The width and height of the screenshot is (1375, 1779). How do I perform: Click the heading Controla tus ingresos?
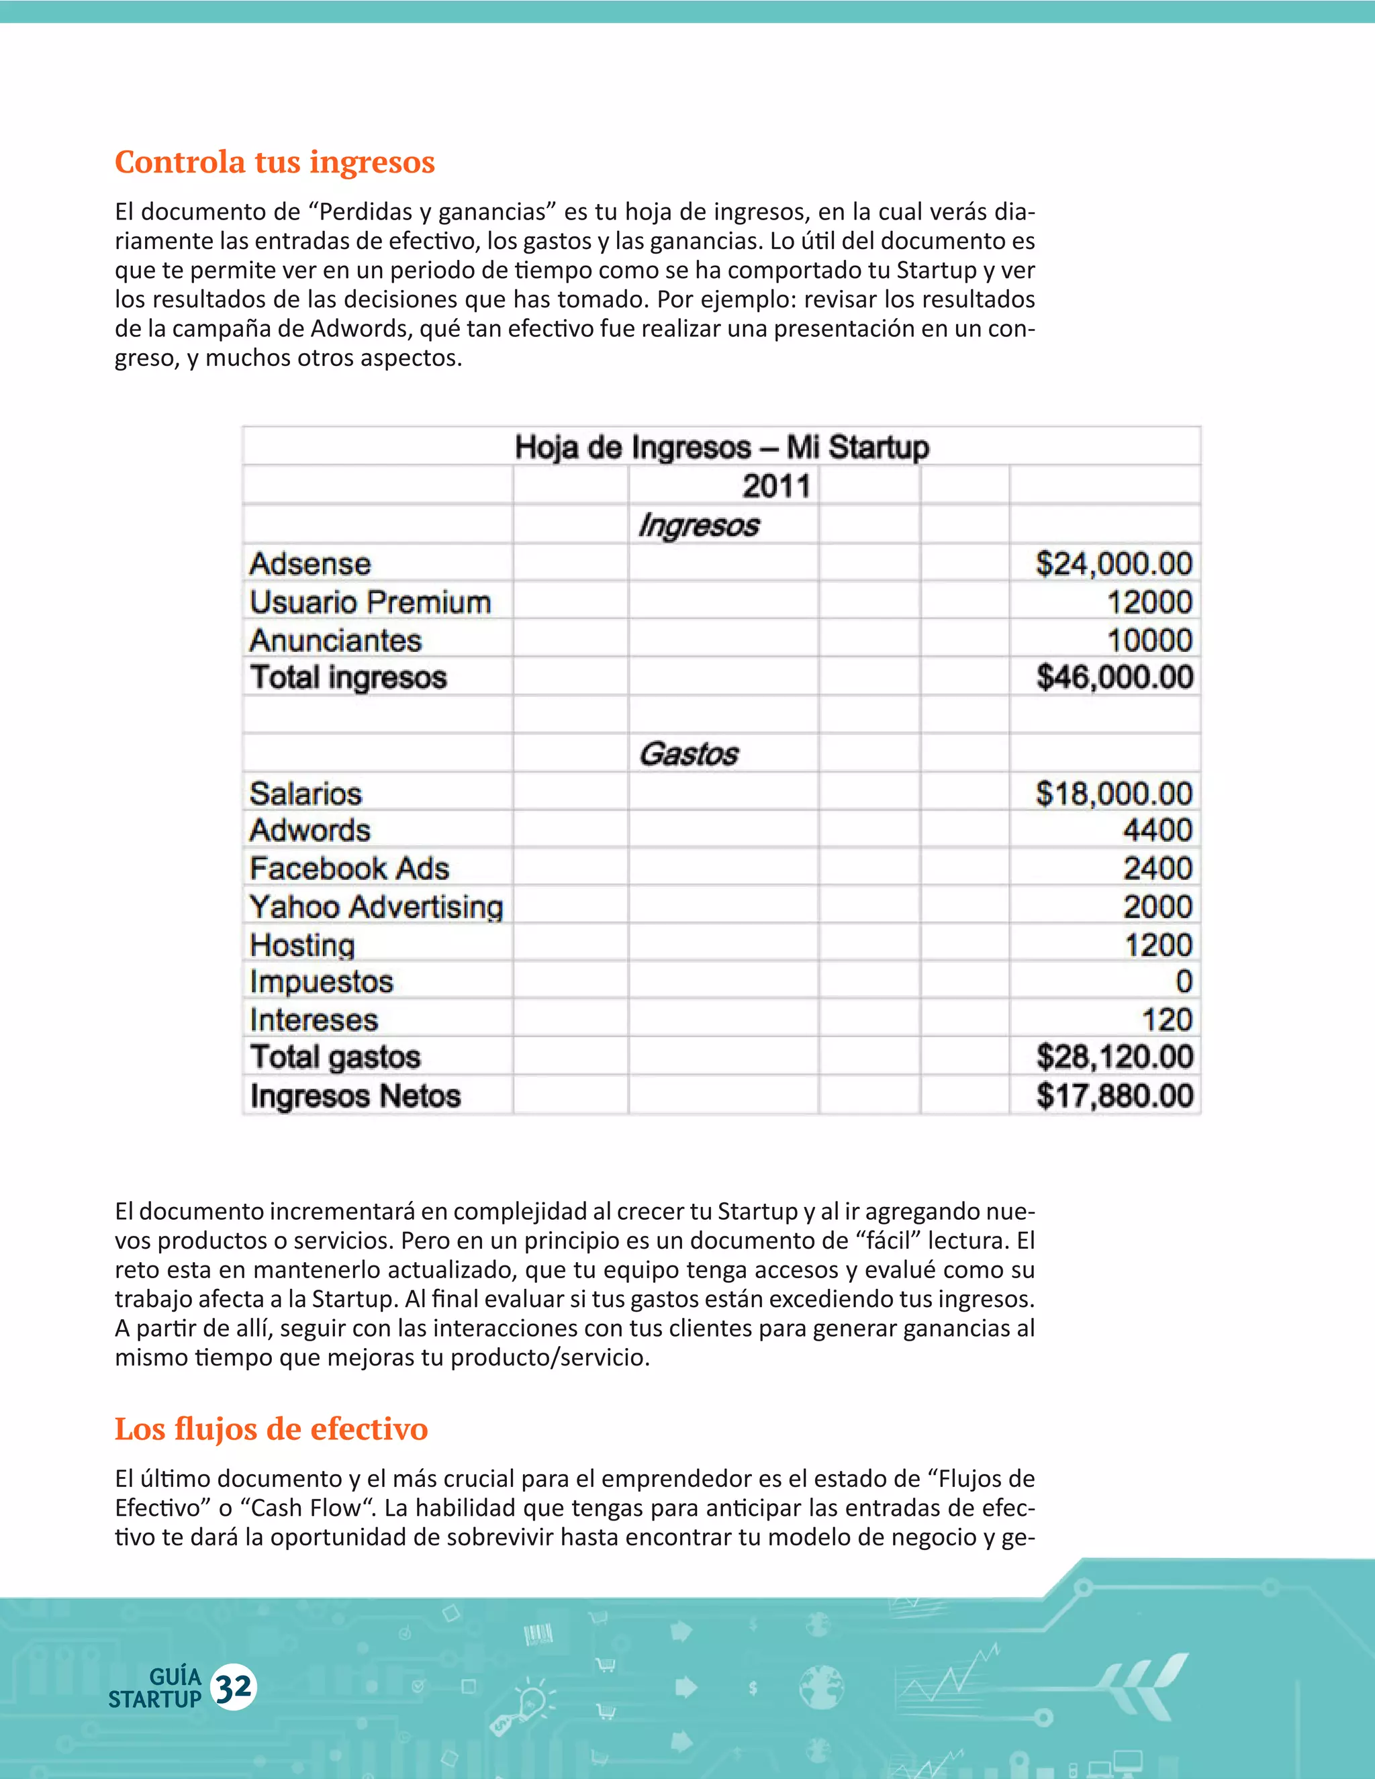[275, 162]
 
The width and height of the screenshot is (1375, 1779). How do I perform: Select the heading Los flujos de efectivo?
[271, 1429]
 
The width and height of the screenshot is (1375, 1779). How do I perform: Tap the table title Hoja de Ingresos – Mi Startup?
[722, 447]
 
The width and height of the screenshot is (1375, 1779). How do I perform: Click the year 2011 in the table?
[776, 486]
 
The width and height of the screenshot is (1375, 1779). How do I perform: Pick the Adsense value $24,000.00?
[1114, 564]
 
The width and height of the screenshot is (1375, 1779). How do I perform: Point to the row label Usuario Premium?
[370, 602]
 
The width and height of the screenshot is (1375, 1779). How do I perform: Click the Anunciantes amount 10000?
[1149, 640]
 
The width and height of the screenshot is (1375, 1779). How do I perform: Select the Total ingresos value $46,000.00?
[1115, 677]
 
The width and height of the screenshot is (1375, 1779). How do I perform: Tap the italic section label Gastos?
[688, 755]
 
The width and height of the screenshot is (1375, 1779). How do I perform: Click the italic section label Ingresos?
[698, 526]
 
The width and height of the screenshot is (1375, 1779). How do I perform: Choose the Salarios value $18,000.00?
[1114, 794]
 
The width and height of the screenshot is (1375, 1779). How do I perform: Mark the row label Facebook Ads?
[349, 868]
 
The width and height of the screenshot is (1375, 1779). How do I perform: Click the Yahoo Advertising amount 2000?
[1157, 906]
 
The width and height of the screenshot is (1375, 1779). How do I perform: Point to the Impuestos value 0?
[1184, 981]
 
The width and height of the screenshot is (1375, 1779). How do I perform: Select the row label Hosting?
[302, 945]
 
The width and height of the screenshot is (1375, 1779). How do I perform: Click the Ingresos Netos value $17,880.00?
[1115, 1096]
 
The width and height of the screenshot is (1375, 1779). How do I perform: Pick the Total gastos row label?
[335, 1057]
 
